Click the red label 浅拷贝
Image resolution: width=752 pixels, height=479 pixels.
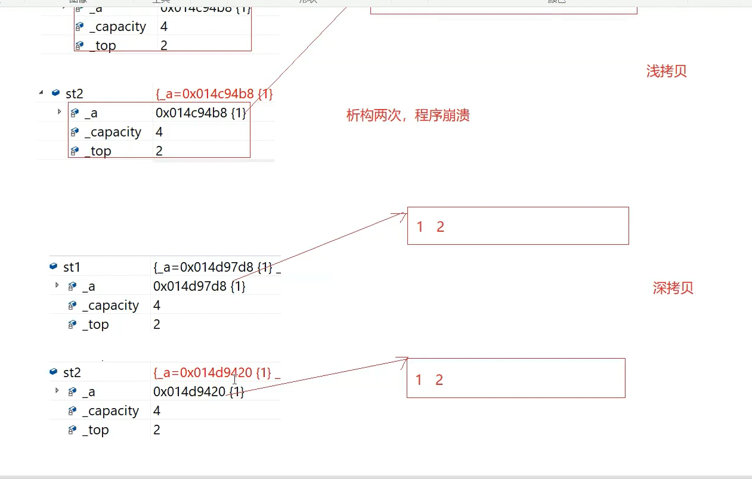tap(666, 71)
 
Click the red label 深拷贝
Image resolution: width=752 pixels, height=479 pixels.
tap(673, 288)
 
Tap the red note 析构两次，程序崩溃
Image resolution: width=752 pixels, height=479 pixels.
tap(408, 115)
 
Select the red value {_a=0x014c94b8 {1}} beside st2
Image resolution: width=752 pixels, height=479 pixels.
tap(214, 94)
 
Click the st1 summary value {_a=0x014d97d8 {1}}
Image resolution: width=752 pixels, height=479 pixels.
tap(213, 267)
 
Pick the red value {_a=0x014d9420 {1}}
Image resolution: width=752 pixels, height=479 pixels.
tap(212, 372)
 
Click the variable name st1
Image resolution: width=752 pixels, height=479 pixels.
tap(72, 267)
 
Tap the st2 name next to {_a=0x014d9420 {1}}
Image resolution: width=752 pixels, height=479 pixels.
tap(72, 372)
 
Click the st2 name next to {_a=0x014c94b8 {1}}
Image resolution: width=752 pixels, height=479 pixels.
tap(74, 94)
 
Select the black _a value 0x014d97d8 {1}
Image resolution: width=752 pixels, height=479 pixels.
tap(199, 286)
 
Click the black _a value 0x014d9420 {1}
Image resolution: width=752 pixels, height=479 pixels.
tap(199, 391)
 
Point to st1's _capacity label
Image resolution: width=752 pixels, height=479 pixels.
tap(110, 305)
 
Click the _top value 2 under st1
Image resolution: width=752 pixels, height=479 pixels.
tap(157, 324)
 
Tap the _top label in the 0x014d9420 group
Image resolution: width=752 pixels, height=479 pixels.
tap(95, 430)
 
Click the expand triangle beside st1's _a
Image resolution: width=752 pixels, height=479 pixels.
tap(57, 285)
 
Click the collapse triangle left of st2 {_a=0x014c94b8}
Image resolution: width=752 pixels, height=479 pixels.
tap(41, 92)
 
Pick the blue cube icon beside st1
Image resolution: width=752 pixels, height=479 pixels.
tap(55, 267)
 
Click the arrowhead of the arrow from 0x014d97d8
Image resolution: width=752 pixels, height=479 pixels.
tap(403, 214)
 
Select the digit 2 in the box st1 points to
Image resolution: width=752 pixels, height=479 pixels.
tap(440, 226)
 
